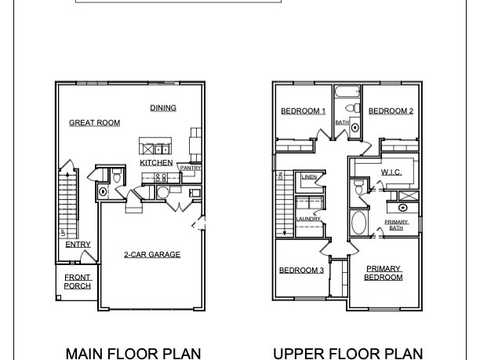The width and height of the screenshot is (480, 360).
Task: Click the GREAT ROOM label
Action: click(94, 123)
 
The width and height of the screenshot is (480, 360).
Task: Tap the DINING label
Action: click(163, 108)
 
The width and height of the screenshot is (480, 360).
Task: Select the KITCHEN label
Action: click(156, 162)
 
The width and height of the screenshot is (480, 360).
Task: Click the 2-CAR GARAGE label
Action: click(152, 254)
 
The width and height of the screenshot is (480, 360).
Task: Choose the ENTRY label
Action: click(78, 245)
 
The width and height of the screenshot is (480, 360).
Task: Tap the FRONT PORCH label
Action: click(78, 282)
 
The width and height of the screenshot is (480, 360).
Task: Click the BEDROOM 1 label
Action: click(303, 111)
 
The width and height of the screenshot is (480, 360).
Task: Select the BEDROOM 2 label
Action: click(391, 111)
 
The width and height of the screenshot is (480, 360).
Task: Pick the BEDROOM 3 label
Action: click(301, 271)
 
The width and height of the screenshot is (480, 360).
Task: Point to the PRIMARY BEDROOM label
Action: click(384, 273)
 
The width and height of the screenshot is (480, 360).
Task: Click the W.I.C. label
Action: click(391, 172)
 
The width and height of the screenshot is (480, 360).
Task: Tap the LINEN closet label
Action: click(309, 177)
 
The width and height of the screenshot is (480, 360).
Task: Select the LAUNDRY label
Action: click(307, 219)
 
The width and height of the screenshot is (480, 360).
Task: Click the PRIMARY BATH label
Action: click(396, 225)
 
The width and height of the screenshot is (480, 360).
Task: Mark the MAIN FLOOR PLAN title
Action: click(133, 353)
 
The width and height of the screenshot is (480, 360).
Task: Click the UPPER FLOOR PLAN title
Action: click(348, 353)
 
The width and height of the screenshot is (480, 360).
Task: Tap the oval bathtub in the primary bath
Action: click(359, 223)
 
